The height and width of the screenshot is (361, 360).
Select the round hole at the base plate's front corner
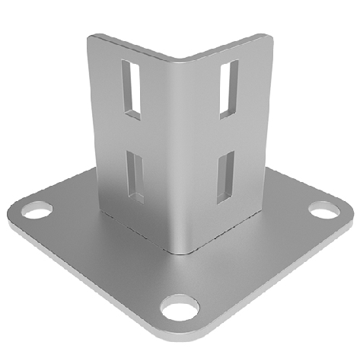[180, 309]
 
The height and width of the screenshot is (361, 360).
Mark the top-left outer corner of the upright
[91, 37]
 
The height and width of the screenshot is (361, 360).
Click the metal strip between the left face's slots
[134, 133]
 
